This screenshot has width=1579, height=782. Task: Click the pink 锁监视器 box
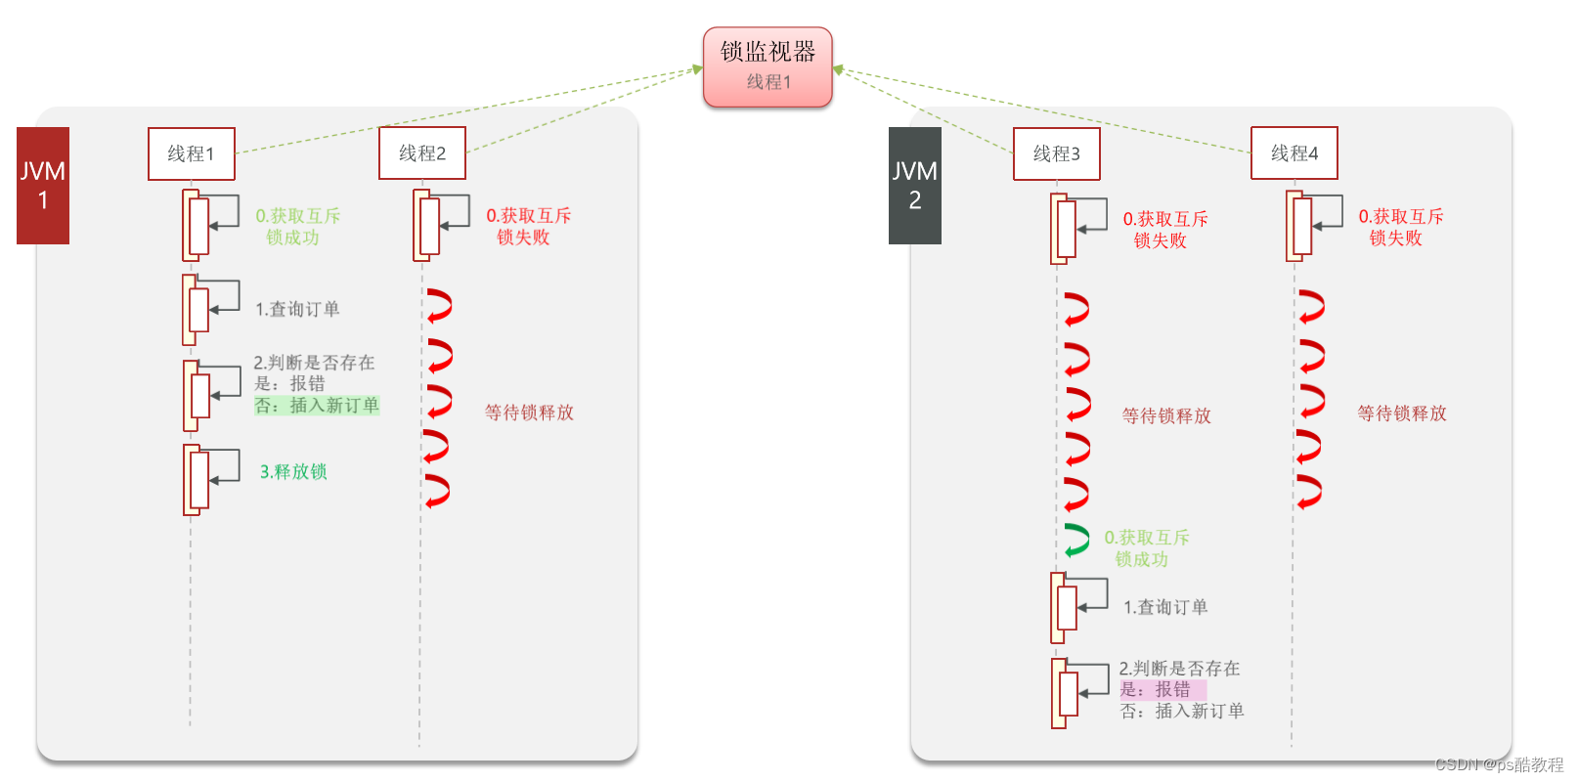(x=768, y=66)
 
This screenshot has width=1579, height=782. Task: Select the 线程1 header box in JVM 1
(x=192, y=153)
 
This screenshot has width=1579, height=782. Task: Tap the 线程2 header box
(x=422, y=153)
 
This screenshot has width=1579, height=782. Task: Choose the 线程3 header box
(x=1057, y=153)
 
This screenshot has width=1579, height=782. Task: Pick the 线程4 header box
(x=1294, y=153)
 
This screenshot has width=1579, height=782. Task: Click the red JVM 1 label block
(x=43, y=186)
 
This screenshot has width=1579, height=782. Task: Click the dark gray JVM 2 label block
(x=915, y=186)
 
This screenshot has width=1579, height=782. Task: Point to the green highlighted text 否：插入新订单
(x=317, y=405)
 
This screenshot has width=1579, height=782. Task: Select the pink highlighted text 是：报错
(x=1162, y=689)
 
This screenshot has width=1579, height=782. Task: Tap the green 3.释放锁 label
(x=293, y=472)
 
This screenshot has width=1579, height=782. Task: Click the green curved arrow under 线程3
(x=1077, y=540)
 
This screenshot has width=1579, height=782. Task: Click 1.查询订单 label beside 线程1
(x=297, y=310)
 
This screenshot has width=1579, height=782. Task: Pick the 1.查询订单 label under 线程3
(x=1165, y=607)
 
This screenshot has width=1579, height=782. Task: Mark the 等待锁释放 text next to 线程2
(x=529, y=413)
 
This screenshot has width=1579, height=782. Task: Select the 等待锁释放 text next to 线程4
(x=1401, y=413)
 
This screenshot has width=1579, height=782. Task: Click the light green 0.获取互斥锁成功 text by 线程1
(x=297, y=226)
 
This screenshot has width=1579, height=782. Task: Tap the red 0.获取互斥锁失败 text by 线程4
(x=1400, y=227)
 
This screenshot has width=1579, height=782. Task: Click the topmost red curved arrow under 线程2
(x=438, y=305)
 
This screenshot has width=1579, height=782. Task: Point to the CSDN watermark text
(x=1499, y=764)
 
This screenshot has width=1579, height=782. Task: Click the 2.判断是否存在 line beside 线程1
(x=314, y=363)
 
